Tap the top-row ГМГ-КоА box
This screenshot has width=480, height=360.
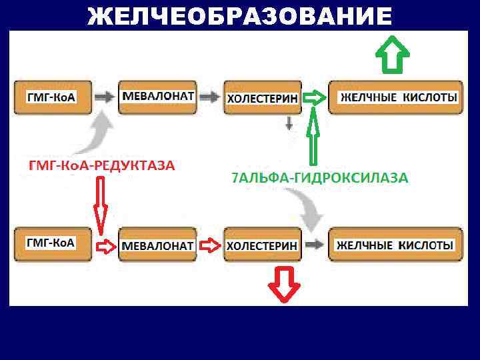(x=51, y=97)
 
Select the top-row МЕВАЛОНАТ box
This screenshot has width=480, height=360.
(x=158, y=97)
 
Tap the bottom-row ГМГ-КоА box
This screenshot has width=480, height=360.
(x=51, y=244)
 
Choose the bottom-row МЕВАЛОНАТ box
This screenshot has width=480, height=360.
(x=158, y=245)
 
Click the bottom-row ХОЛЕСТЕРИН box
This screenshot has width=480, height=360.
(x=262, y=245)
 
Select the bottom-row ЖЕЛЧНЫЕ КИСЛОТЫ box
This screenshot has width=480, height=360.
(x=395, y=245)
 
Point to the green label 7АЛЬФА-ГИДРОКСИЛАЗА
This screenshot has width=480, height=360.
(x=319, y=177)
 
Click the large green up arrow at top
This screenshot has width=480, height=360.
(x=392, y=55)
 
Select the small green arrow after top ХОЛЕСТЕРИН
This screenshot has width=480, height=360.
(x=315, y=98)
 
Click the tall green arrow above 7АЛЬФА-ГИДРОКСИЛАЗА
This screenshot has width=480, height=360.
(x=314, y=137)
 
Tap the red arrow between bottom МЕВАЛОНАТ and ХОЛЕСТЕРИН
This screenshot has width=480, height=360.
(x=210, y=245)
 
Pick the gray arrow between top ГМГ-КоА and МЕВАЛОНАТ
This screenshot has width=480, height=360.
(x=104, y=97)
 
